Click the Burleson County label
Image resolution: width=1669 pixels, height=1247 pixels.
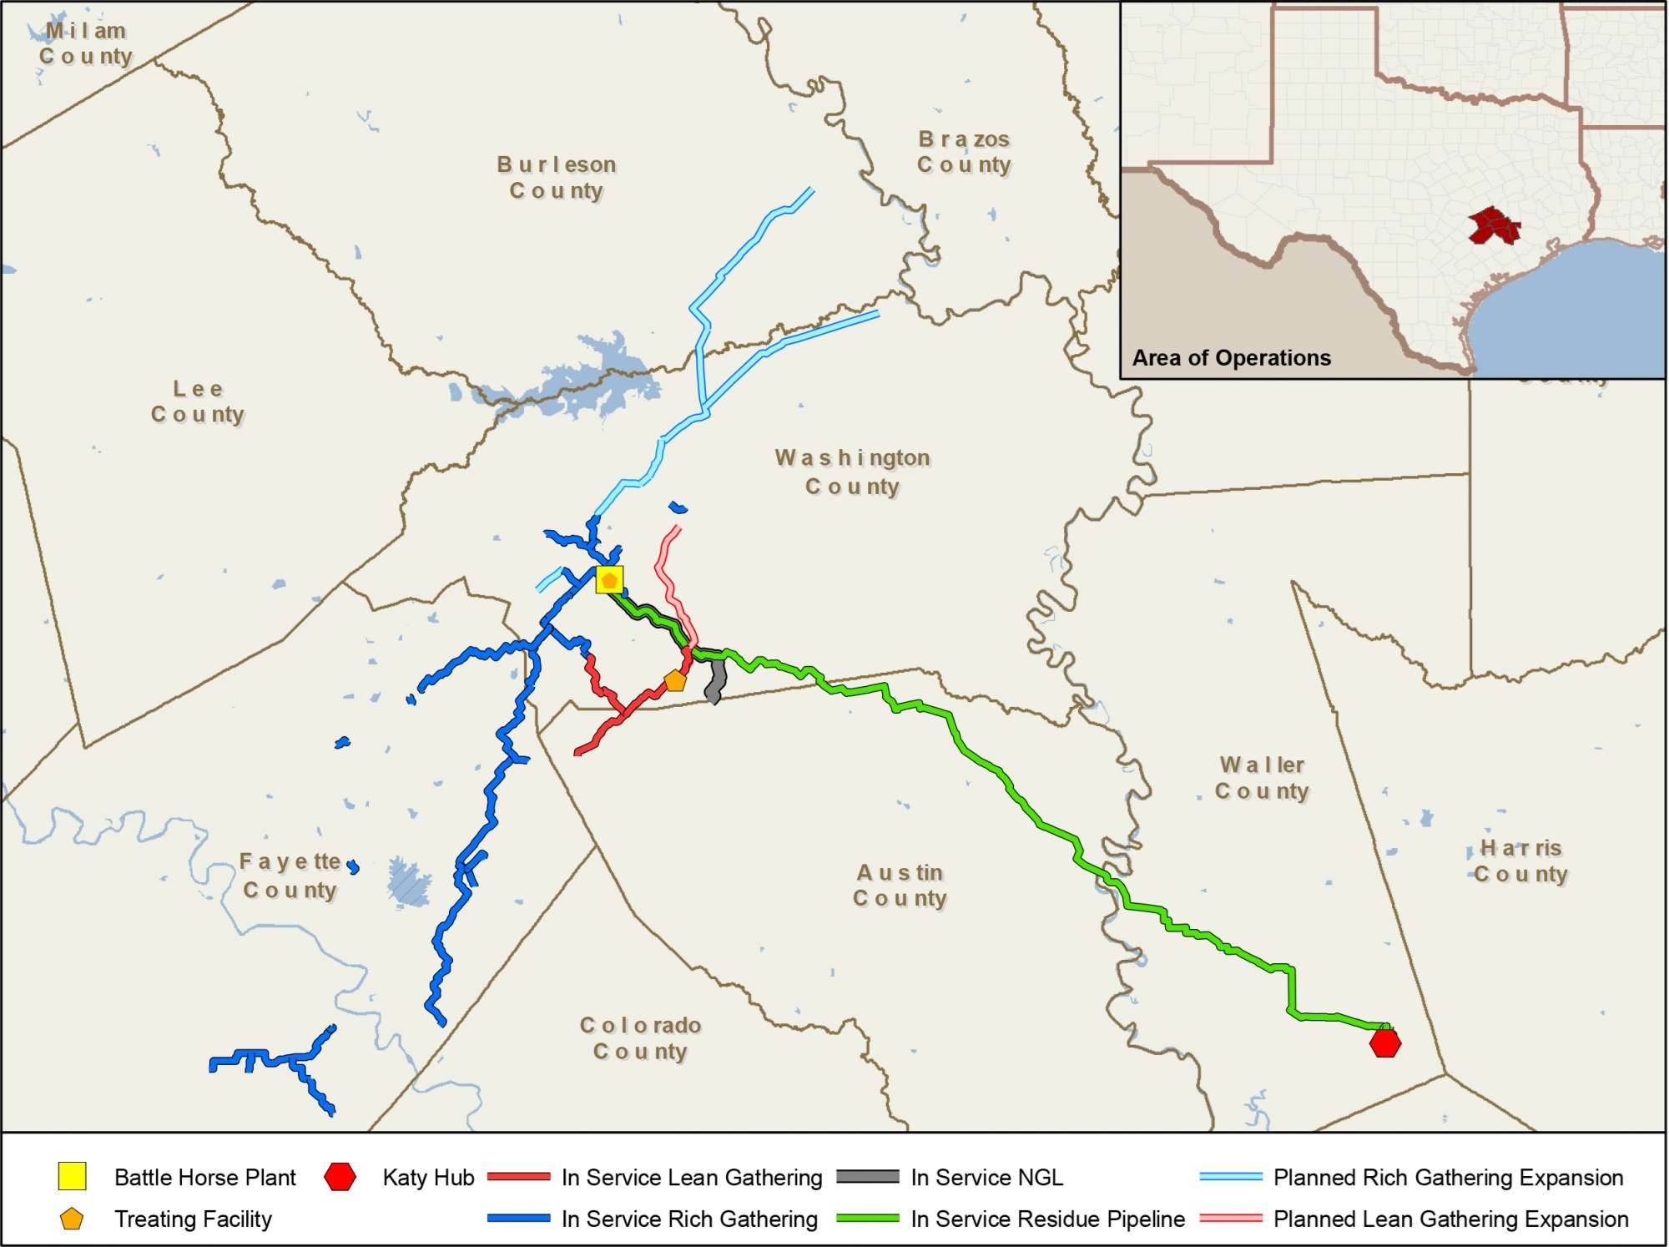tap(557, 177)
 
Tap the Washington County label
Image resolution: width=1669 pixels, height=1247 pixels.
tap(852, 472)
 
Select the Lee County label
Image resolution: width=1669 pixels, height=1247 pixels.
tap(198, 401)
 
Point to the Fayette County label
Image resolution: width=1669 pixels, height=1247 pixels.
tap(290, 875)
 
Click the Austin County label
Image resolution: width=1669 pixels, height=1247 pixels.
tap(900, 885)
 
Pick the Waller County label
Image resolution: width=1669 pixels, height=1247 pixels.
tap(1262, 777)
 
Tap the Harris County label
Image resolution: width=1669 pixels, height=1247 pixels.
tap(1520, 861)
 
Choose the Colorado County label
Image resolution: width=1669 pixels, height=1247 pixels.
tap(640, 1037)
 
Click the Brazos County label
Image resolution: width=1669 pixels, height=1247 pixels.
tap(964, 152)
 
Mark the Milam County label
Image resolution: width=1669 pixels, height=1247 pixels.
tap(86, 43)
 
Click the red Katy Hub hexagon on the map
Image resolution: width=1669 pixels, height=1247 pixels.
tap(1385, 1043)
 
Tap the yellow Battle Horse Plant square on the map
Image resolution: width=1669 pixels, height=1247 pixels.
tap(609, 579)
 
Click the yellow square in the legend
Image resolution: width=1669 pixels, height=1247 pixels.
tap(73, 1177)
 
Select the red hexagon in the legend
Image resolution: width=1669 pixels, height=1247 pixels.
tap(340, 1177)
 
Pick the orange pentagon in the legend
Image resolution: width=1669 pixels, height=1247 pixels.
tap(73, 1219)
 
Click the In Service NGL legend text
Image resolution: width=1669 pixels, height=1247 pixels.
tap(986, 1177)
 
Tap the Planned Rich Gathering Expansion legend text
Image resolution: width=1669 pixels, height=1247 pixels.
tap(1448, 1177)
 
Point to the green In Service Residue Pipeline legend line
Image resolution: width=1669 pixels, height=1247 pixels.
tap(868, 1219)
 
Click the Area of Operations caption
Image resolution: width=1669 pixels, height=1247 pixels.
tap(1231, 358)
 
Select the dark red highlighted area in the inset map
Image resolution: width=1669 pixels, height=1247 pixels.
tap(1493, 225)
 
